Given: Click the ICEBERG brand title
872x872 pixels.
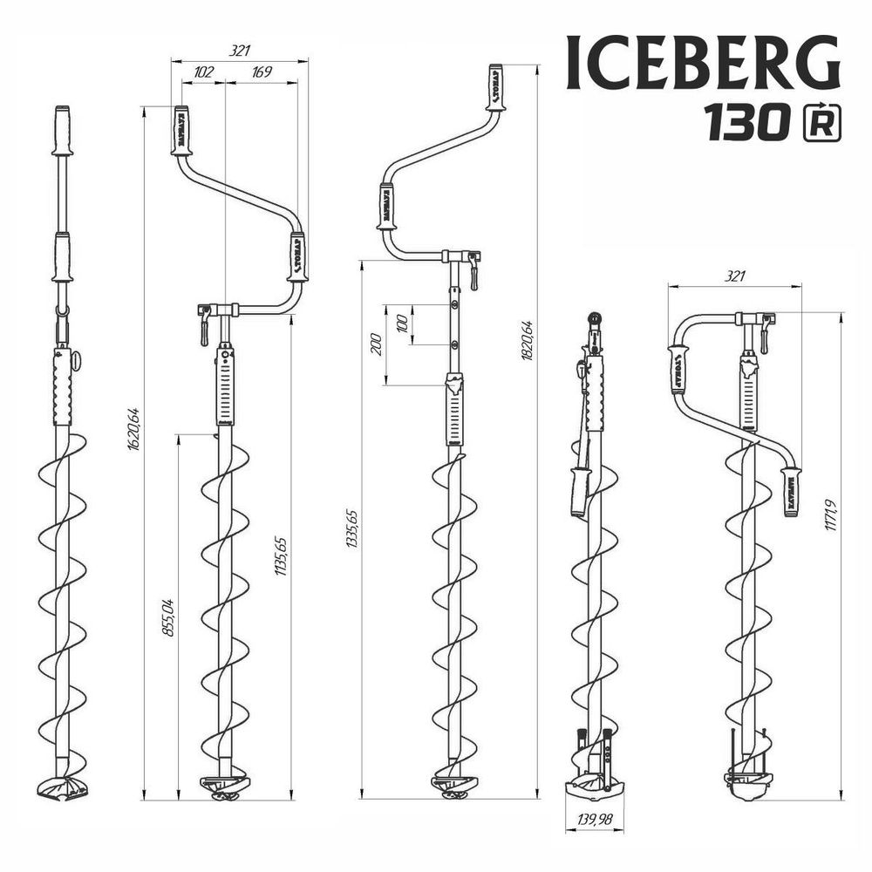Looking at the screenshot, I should tap(703, 64).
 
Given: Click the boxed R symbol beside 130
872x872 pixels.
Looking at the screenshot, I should tap(821, 124).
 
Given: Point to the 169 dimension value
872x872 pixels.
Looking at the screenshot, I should tap(261, 73).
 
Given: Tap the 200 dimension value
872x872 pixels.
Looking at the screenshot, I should tap(376, 344).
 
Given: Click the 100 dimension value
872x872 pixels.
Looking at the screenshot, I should tap(401, 324).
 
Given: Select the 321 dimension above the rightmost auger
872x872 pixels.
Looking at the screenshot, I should tap(734, 276).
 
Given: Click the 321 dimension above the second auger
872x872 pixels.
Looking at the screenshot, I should tap(240, 51).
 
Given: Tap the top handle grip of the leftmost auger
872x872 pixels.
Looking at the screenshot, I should tap(62, 129).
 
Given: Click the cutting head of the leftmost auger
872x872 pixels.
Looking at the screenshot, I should tap(62, 787).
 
